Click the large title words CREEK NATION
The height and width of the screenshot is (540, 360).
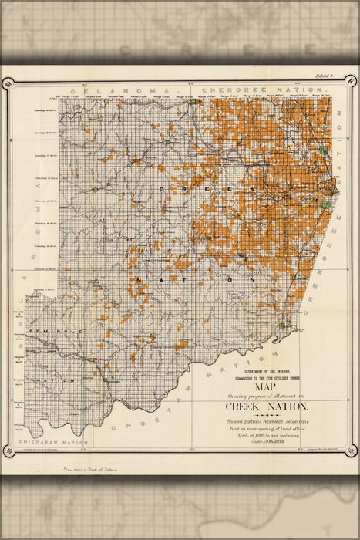coord(267,407)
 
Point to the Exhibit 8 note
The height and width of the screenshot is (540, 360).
coord(329,76)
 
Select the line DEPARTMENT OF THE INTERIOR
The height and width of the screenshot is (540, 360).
coord(267,370)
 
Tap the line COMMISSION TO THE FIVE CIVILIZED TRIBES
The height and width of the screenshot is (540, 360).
coord(267,377)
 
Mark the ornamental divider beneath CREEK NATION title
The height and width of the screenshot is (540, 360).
coord(267,415)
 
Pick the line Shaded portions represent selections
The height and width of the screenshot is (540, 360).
coord(267,421)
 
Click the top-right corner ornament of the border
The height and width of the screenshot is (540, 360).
coord(350,80)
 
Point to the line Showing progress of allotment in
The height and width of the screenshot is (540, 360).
coord(267,396)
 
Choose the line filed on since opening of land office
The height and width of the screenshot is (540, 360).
coord(267,429)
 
